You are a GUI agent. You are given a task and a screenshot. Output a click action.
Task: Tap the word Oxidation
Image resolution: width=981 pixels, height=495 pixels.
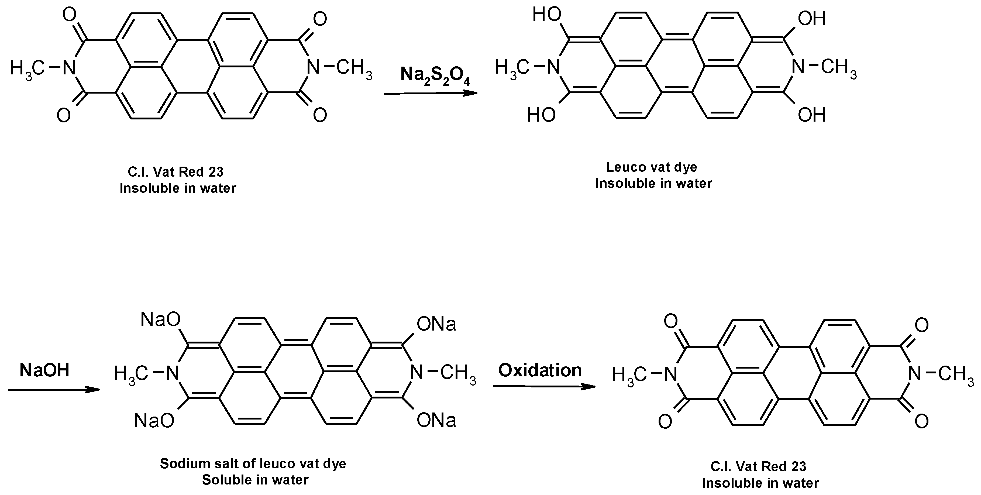[540, 370]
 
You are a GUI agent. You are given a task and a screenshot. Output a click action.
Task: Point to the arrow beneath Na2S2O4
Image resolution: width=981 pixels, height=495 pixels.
[430, 93]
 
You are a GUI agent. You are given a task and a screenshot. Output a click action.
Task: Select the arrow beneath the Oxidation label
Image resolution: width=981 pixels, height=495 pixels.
[544, 386]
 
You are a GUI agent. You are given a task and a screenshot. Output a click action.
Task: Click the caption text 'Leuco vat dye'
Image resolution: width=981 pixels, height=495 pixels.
[652, 167]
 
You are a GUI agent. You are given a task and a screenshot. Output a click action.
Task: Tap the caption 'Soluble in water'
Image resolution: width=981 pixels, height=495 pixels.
[255, 480]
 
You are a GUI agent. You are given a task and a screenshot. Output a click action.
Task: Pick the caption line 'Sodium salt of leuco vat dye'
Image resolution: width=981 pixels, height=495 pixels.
[253, 463]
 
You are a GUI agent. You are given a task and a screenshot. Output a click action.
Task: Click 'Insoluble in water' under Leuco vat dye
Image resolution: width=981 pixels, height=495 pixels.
[653, 184]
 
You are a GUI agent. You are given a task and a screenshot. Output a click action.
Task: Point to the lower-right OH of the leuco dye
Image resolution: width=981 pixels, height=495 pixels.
[811, 115]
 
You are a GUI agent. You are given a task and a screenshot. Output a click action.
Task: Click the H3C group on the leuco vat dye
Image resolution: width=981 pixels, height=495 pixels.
[512, 68]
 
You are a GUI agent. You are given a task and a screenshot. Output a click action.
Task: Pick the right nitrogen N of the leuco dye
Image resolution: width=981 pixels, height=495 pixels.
[798, 67]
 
